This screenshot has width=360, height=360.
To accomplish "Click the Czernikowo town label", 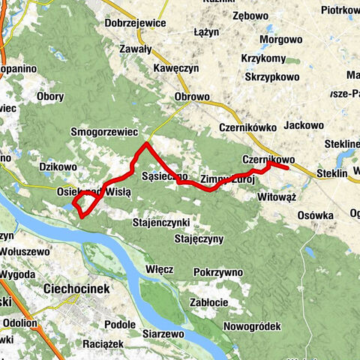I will [x=268, y=160].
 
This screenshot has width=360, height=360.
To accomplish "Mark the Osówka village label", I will [x=314, y=215].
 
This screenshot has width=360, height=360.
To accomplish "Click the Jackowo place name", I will [x=304, y=125].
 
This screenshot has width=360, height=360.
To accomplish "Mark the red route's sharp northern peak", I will [x=146, y=142].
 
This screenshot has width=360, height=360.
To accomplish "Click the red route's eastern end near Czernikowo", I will [x=289, y=169].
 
